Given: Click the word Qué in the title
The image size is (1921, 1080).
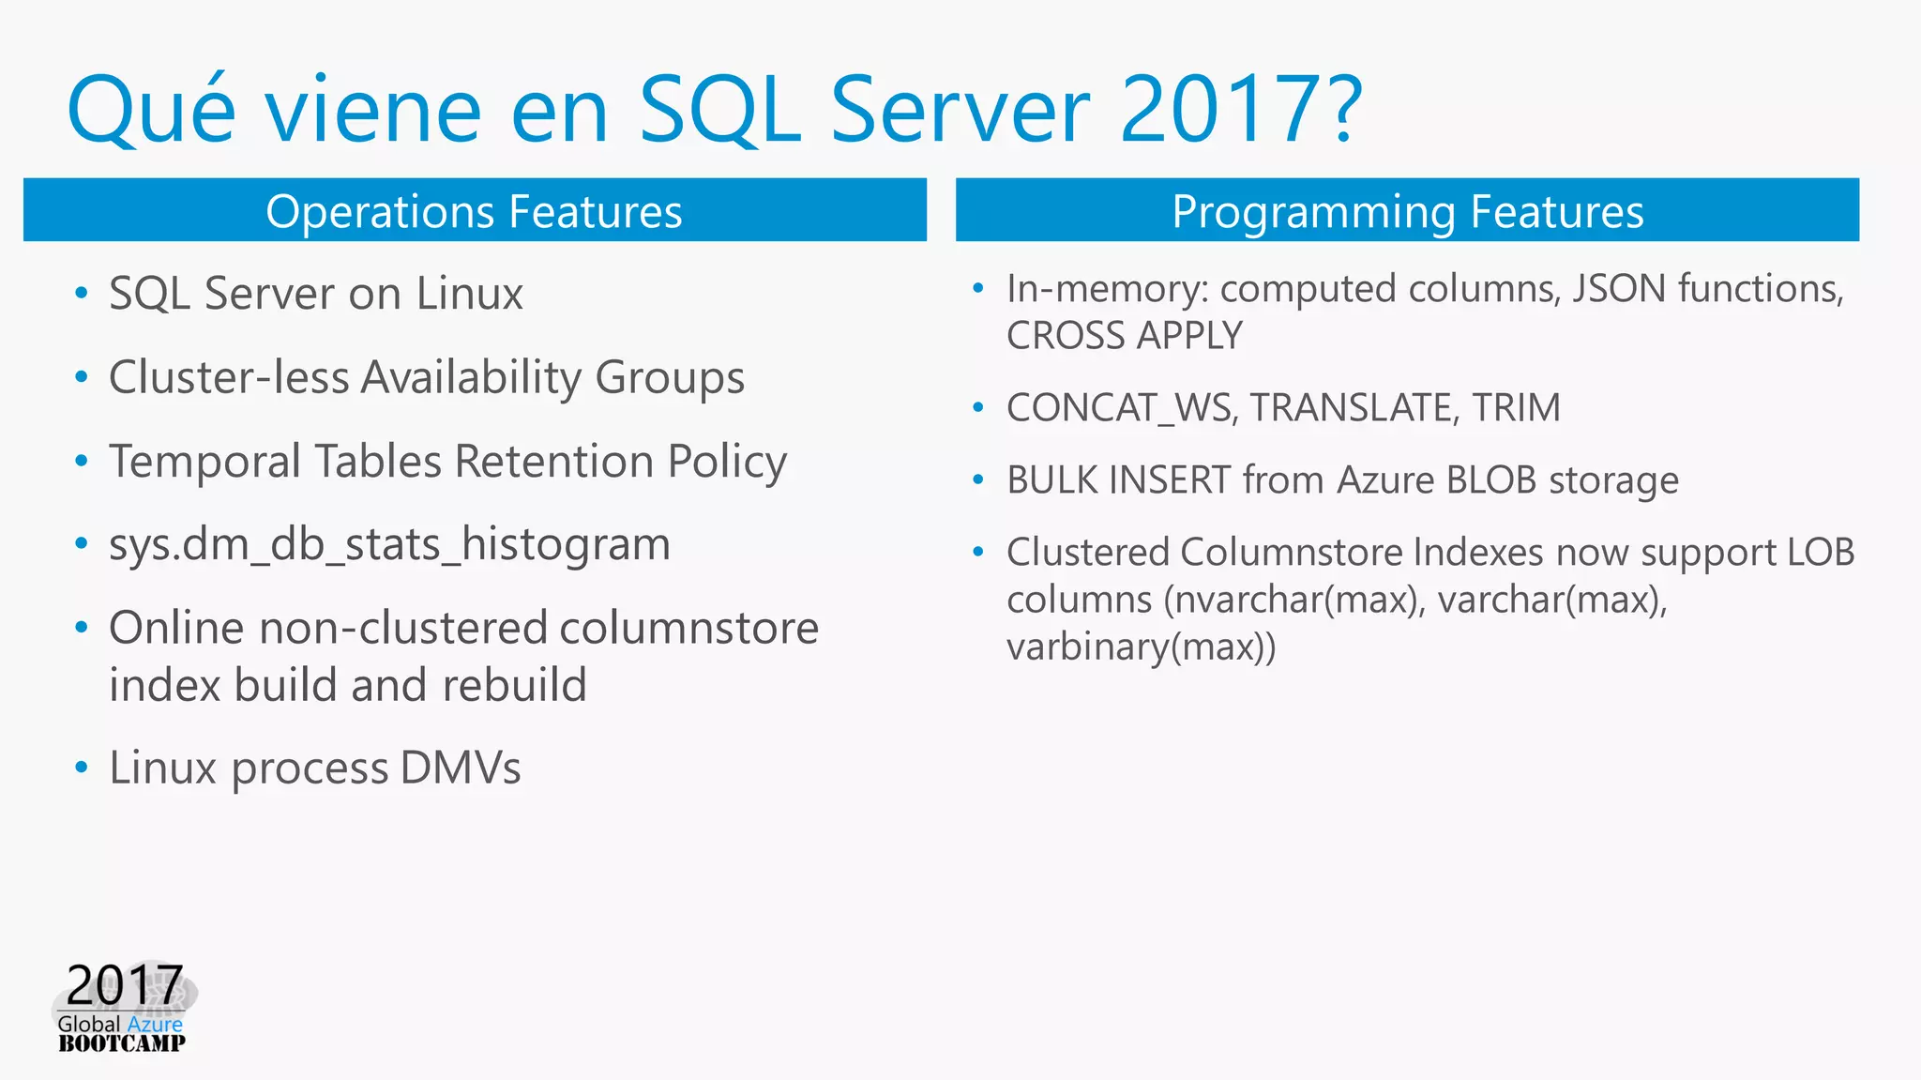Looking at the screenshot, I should pyautogui.click(x=150, y=111).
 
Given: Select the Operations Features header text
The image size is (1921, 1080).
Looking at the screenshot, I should pyautogui.click(x=474, y=211).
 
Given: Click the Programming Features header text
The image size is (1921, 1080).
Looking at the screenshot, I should pyautogui.click(x=1407, y=211).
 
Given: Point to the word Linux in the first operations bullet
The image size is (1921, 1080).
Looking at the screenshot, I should pyautogui.click(x=469, y=294).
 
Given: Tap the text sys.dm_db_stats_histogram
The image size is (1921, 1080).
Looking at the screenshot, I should pyautogui.click(x=389, y=545).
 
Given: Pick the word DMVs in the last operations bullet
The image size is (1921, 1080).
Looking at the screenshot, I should pyautogui.click(x=460, y=768).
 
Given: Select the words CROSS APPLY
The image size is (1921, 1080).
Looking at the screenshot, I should pyautogui.click(x=1124, y=336).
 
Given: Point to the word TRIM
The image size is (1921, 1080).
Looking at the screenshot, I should pyautogui.click(x=1516, y=408).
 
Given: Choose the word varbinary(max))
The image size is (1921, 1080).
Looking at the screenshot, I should pyautogui.click(x=1141, y=647).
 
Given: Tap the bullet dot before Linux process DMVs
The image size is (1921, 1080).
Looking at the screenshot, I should pyautogui.click(x=82, y=768).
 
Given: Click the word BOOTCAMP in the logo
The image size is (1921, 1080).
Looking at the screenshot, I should pyautogui.click(x=122, y=1043).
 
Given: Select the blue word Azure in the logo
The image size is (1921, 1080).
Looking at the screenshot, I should pyautogui.click(x=155, y=1025).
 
